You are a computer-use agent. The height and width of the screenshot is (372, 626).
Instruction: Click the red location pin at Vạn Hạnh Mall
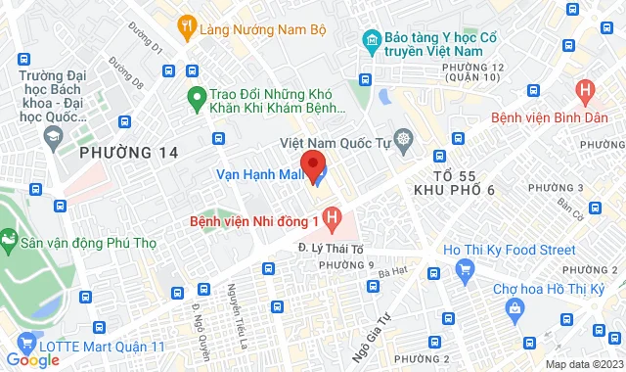pyautogui.click(x=312, y=164)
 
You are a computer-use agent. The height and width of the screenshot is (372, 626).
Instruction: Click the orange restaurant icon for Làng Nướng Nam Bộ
pyautogui.click(x=186, y=28)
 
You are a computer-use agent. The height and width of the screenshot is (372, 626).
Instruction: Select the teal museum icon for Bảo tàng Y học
pyautogui.click(x=371, y=41)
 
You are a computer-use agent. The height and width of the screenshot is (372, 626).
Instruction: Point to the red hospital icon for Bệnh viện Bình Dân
pyautogui.click(x=586, y=94)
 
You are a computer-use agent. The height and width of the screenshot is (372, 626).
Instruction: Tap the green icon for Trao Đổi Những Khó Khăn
pyautogui.click(x=195, y=96)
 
